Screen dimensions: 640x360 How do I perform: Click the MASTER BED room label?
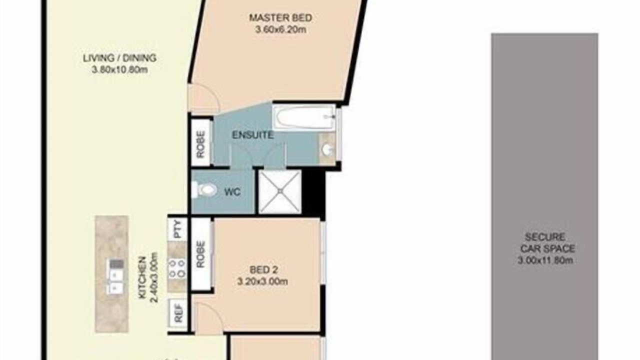click(x=280, y=17)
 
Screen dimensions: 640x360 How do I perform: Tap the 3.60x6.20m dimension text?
click(x=280, y=29)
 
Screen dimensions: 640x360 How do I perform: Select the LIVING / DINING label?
click(x=119, y=58)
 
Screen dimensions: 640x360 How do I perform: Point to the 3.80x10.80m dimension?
click(x=119, y=69)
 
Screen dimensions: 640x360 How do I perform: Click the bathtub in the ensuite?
click(x=303, y=117)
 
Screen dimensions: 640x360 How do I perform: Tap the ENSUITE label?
click(x=253, y=135)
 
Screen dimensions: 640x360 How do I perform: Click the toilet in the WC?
click(x=204, y=189)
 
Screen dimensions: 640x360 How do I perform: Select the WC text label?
click(x=232, y=191)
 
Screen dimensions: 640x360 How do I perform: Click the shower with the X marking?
click(x=279, y=191)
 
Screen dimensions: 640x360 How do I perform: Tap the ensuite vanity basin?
click(x=327, y=149)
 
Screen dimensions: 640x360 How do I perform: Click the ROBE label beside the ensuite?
click(x=201, y=144)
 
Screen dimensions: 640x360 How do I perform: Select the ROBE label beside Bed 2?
click(x=201, y=254)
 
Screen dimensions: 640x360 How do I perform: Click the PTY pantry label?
click(x=177, y=229)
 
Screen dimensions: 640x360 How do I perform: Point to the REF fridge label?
click(x=178, y=313)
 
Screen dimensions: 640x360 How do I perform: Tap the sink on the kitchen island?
click(x=115, y=276)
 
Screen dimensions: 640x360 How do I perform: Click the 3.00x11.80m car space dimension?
click(x=545, y=260)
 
